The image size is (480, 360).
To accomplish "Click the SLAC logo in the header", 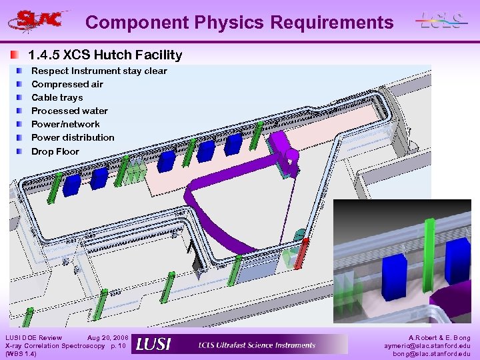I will coord(38,20).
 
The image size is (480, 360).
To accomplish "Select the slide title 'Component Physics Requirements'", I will coord(239,22).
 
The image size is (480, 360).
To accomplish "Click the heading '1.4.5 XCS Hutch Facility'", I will coord(105,55).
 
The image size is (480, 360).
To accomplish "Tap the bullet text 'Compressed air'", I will coord(67,84).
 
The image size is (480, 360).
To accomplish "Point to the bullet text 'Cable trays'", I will coord(57,97).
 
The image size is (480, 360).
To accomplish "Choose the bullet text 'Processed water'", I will coord(69,111).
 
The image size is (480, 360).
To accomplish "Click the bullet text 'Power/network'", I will coord(65,124).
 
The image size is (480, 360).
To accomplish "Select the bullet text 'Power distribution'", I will coord(73,137).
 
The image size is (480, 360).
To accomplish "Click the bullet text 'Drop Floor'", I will coord(55,151).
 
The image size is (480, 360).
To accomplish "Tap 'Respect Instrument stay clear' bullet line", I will coord(99,71).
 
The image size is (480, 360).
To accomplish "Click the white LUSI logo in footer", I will coord(154,345).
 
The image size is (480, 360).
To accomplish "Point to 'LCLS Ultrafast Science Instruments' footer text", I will coord(257,345).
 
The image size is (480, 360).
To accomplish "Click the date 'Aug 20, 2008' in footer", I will coord(107,338).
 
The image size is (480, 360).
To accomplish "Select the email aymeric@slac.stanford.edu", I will coord(427,346).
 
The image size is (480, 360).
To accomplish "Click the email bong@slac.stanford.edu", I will coord(431,354).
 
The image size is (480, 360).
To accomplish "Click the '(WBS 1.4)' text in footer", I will coord(20,354).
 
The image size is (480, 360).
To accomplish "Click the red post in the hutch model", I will coord(301,253).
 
